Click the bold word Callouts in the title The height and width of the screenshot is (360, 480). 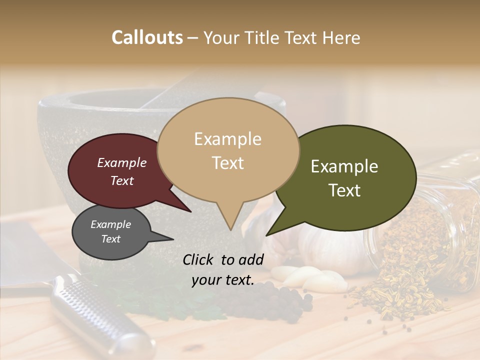click(147, 38)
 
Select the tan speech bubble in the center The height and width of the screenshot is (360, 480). click(228, 150)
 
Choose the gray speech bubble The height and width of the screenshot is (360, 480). click(111, 232)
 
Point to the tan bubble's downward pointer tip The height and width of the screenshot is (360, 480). click(230, 229)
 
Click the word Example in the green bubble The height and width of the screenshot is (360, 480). click(344, 166)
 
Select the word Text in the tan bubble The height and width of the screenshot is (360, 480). click(228, 163)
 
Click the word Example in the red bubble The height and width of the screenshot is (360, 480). click(122, 163)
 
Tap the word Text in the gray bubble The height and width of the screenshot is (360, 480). click(111, 239)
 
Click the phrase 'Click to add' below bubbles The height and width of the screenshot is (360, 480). click(223, 259)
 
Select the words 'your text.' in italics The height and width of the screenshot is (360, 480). click(223, 280)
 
